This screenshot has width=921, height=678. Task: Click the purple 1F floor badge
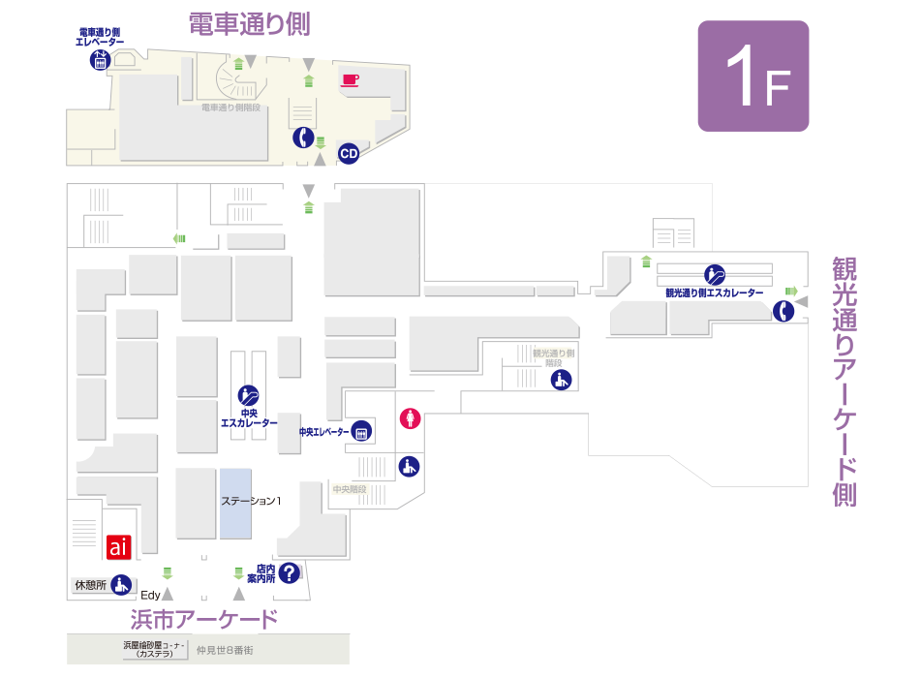click(752, 76)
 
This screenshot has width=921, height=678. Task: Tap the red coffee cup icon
click(350, 79)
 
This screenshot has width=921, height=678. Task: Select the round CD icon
click(349, 153)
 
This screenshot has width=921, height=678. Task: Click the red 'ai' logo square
click(118, 547)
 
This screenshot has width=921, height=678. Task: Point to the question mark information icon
click(289, 573)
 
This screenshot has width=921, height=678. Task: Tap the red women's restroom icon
click(411, 418)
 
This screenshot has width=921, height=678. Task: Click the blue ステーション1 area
click(235, 504)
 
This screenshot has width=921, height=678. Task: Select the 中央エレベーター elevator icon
click(362, 432)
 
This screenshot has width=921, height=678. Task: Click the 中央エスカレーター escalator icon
click(249, 395)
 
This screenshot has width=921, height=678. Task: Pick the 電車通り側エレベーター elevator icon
click(100, 60)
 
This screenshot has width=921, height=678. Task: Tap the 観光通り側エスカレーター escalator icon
click(715, 274)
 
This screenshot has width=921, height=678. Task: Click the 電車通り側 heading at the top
click(249, 25)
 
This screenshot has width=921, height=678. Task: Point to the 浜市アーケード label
click(204, 619)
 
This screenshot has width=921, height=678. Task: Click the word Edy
click(150, 595)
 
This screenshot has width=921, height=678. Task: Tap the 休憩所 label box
click(89, 585)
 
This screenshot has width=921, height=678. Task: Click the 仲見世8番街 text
click(225, 650)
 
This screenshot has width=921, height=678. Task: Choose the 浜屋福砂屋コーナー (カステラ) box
click(154, 649)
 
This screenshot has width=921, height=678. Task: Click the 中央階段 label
click(349, 489)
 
